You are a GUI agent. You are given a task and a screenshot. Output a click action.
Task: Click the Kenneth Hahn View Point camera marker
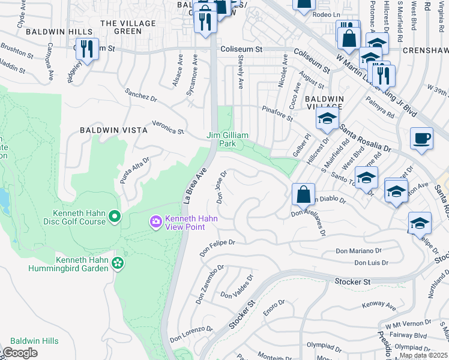pyautogui.click(x=156, y=223)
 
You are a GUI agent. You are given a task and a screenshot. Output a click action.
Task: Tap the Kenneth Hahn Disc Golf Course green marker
pyautogui.click(x=115, y=215)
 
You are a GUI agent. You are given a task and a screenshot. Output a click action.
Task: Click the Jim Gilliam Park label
pyautogui.click(x=228, y=140)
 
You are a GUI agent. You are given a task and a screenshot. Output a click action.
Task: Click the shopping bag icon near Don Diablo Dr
pyautogui.click(x=303, y=194)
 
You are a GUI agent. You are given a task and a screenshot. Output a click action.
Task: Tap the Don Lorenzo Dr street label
pyautogui.click(x=191, y=334)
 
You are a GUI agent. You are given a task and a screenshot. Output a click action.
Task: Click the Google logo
pyautogui.click(x=19, y=353)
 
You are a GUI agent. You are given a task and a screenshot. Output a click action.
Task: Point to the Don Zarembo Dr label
pyautogui.click(x=209, y=284)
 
